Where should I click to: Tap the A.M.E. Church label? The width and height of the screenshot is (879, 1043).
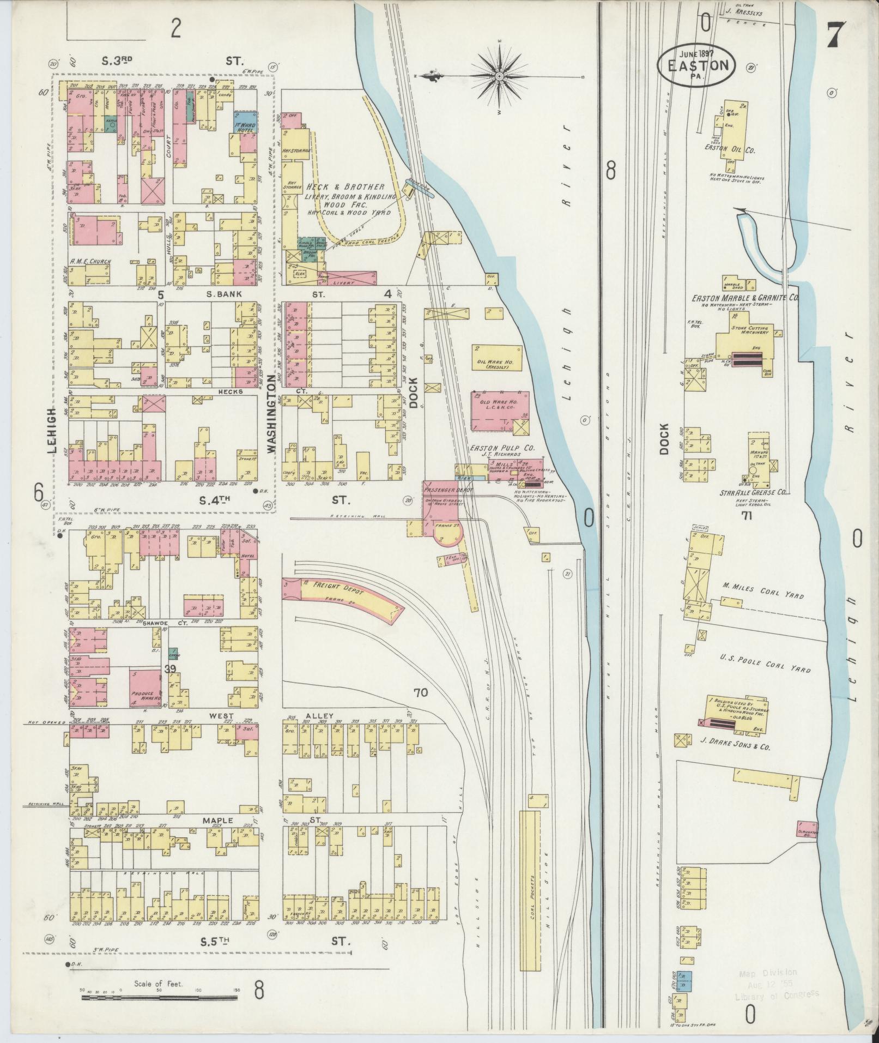point(90,262)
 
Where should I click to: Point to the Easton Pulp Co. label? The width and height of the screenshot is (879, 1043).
point(502,448)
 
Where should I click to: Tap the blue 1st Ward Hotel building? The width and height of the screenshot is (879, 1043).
point(246,123)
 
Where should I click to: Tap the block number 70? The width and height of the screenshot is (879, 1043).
point(421,694)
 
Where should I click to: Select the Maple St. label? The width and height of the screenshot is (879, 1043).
point(218,821)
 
